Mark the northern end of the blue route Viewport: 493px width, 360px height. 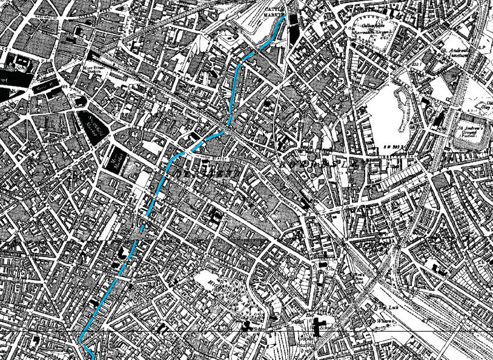(283, 16)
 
